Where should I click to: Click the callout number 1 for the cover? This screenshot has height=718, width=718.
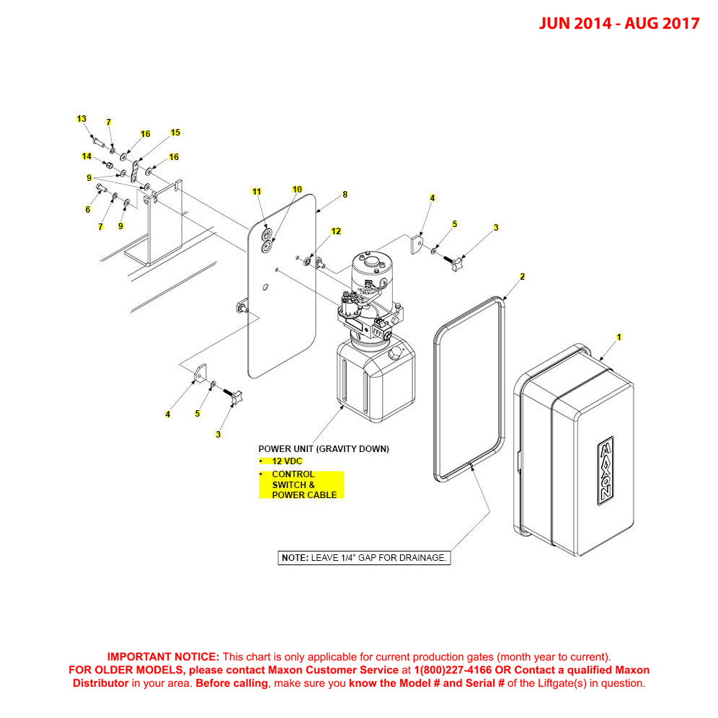coord(618,337)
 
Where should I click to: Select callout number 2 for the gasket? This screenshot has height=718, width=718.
coord(522,277)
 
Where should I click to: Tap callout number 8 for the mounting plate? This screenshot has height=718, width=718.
coord(345,195)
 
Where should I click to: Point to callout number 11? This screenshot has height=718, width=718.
coord(256,192)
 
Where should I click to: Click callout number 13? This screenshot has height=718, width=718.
coord(81,119)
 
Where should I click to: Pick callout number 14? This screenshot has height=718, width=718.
coord(87,156)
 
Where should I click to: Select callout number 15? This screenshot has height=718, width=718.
coord(175,133)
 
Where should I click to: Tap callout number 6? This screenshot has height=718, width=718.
coord(88,210)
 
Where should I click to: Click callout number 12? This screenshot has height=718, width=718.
coord(336,231)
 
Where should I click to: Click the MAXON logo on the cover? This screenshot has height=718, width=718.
coord(604,471)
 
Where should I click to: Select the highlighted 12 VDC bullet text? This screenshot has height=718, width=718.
coord(287,461)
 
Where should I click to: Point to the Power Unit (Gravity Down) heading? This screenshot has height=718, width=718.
coord(324,448)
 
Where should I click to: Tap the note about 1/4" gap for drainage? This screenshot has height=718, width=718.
coord(364,558)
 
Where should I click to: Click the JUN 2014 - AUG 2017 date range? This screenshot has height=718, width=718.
coord(619,23)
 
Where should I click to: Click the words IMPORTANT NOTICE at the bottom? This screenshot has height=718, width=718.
coord(163,657)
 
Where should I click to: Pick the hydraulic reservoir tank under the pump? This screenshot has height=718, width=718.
coord(375,382)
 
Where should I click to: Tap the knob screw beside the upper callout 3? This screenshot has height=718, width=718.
coord(458,263)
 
